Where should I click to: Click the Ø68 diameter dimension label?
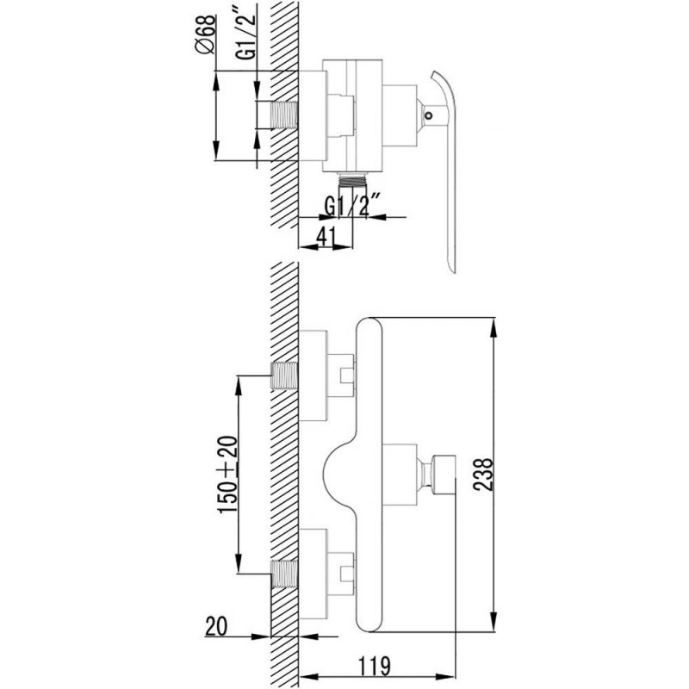tap(205, 34)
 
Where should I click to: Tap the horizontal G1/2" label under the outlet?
tap(352, 206)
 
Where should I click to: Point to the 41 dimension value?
tap(326, 236)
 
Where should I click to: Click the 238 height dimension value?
tap(484, 475)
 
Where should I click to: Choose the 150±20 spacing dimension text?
tap(228, 475)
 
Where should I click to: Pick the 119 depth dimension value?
tap(375, 666)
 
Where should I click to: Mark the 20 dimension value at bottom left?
tap(216, 626)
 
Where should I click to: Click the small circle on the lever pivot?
tap(428, 116)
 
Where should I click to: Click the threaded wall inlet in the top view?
tap(285, 115)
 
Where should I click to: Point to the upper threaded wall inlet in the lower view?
tap(285, 376)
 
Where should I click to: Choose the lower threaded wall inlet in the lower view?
tap(285, 574)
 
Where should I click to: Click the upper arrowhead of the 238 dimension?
tap(494, 326)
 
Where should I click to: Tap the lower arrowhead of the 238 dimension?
tap(494, 622)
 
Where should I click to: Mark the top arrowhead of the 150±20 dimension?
tap(238, 385)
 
